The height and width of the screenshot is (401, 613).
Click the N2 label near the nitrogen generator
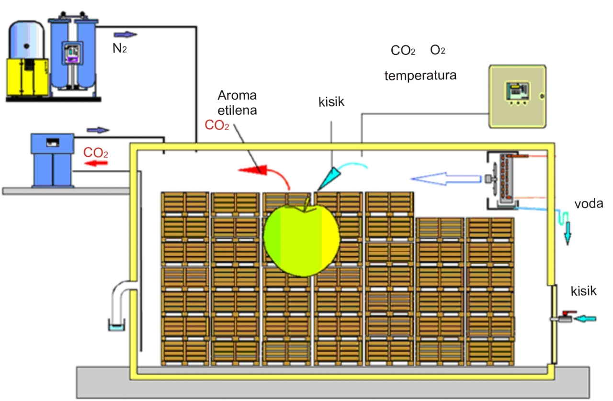120,48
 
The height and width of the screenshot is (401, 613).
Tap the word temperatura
420,76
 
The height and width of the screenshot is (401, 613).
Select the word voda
589,204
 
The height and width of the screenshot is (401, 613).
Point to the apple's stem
306,205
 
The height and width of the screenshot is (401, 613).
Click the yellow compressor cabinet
27,77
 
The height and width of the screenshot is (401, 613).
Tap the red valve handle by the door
569,312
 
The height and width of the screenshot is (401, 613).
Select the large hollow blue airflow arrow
446,179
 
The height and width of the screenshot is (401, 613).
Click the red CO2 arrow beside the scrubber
96,163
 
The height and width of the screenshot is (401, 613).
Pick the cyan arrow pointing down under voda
568,234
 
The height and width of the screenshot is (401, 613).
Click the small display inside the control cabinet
517,91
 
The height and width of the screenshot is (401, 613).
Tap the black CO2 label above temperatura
403,51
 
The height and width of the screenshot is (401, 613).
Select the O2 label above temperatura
438,50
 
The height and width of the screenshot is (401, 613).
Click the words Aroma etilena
237,103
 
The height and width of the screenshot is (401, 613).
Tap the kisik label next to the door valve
583,291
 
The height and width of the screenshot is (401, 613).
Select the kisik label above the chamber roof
331,102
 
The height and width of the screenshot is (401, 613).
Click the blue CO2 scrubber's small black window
53,143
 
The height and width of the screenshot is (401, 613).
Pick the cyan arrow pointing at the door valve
585,319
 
